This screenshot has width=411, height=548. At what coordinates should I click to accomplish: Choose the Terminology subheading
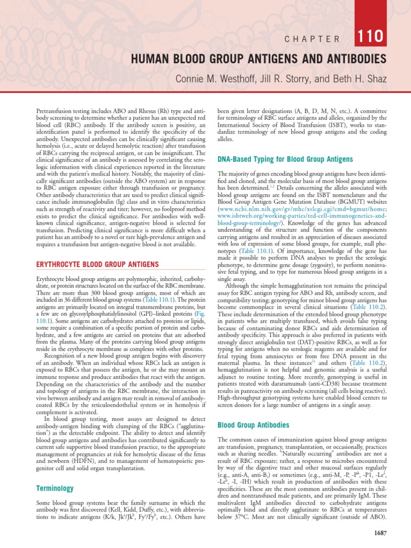pos(54,489)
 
